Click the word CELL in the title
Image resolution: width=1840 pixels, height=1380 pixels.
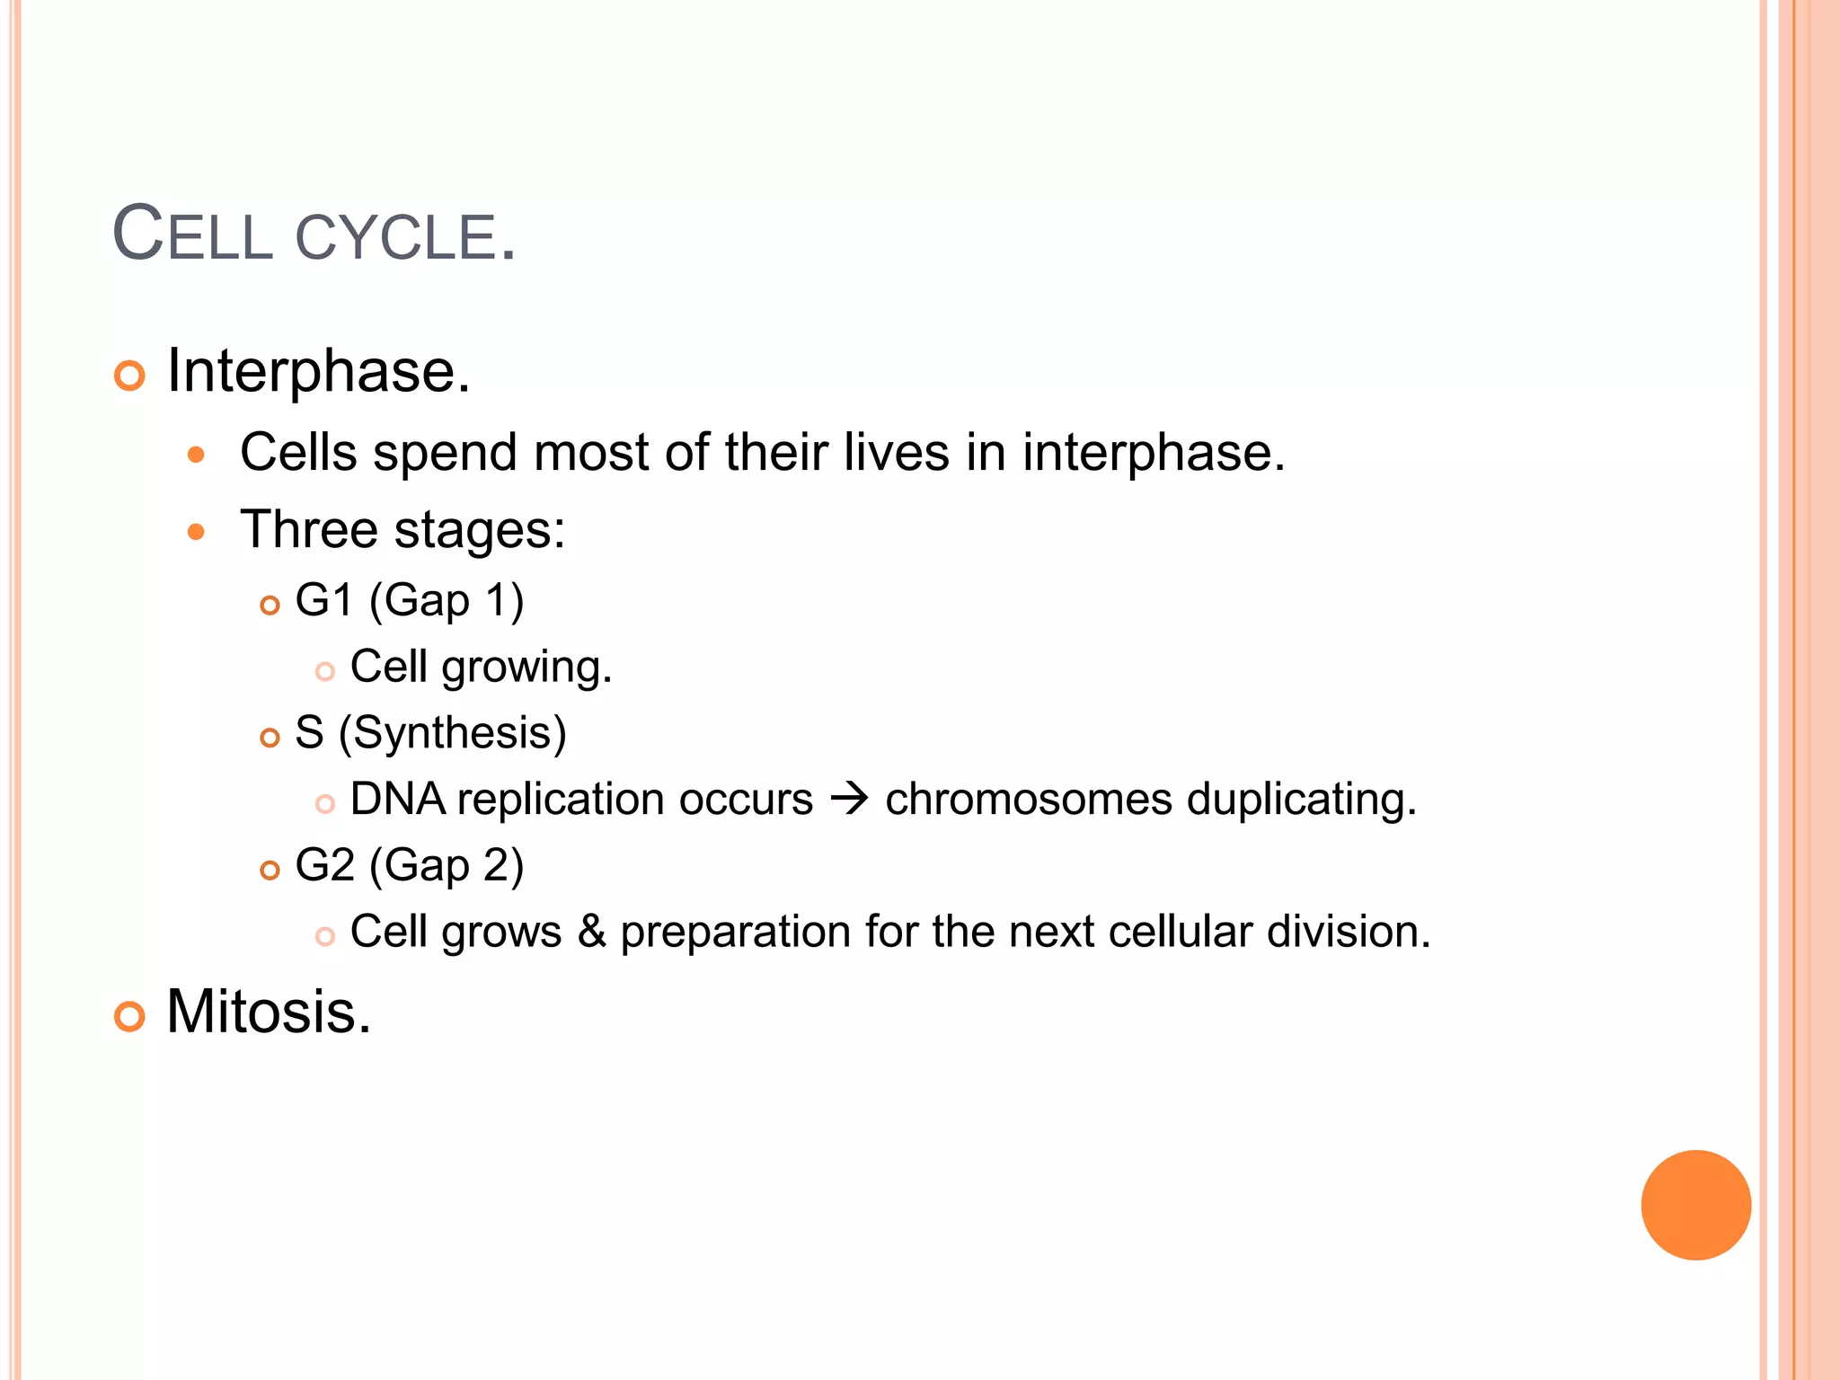pyautogui.click(x=192, y=235)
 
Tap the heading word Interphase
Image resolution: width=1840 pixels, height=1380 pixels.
pyautogui.click(x=318, y=371)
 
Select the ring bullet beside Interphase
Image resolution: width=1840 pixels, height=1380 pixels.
pyautogui.click(x=129, y=376)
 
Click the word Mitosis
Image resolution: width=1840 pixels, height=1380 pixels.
pyautogui.click(x=268, y=1013)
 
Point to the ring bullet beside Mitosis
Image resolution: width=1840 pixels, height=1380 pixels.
pyautogui.click(x=129, y=1017)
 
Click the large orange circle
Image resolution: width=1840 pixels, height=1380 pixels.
pyautogui.click(x=1695, y=1205)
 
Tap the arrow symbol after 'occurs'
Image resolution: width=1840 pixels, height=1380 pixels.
pyautogui.click(x=849, y=799)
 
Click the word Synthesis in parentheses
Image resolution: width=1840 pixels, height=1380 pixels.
pyautogui.click(x=453, y=733)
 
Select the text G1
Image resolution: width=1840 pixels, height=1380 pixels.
pyautogui.click(x=323, y=600)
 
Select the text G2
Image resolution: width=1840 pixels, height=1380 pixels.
pyautogui.click(x=324, y=866)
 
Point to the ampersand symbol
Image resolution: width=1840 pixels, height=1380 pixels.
pyautogui.click(x=591, y=932)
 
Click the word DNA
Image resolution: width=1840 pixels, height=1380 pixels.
pyautogui.click(x=397, y=799)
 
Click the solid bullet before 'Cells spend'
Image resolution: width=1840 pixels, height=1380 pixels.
pyautogui.click(x=196, y=455)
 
